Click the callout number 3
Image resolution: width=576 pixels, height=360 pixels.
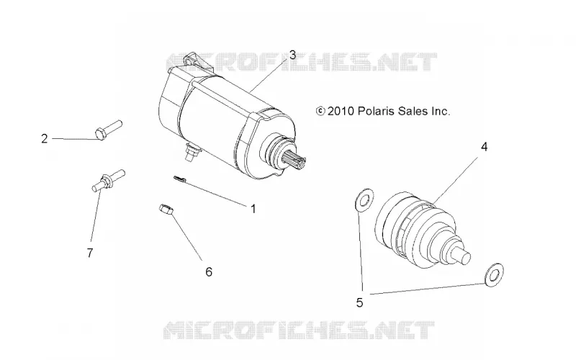click(x=292, y=55)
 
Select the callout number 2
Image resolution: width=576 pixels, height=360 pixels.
click(x=45, y=139)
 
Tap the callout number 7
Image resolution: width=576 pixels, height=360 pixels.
click(x=90, y=253)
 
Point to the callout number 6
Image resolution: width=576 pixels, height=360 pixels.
click(x=209, y=272)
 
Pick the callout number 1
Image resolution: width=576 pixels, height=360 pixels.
click(x=253, y=209)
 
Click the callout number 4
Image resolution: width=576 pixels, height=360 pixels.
click(x=484, y=147)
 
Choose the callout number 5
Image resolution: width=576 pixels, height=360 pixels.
click(x=359, y=302)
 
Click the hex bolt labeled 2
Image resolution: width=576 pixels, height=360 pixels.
click(x=109, y=130)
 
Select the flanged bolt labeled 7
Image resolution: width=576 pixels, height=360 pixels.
click(x=108, y=180)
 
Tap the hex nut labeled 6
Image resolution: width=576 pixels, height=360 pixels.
click(x=166, y=210)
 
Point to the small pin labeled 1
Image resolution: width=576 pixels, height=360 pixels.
click(x=180, y=179)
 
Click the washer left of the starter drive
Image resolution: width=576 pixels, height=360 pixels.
click(x=364, y=200)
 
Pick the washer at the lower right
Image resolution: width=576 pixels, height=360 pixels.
click(x=494, y=275)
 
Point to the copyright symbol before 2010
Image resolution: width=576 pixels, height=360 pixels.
click(x=320, y=111)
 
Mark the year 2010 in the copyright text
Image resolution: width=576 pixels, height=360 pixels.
click(x=341, y=111)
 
